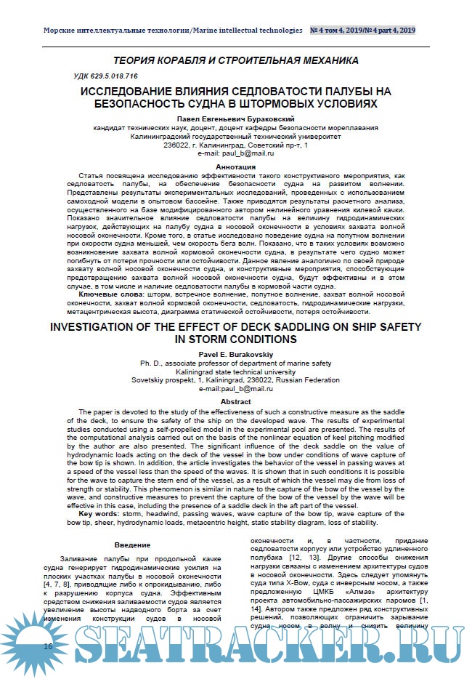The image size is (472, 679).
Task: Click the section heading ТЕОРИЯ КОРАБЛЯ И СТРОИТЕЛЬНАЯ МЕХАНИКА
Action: coord(235,60)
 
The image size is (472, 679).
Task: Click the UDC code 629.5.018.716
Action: coord(106,76)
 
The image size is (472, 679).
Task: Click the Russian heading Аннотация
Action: coord(235,166)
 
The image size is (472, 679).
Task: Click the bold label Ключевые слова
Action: coord(106,294)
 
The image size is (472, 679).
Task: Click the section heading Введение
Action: coord(131,545)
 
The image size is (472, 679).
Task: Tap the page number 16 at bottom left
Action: coord(48,646)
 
